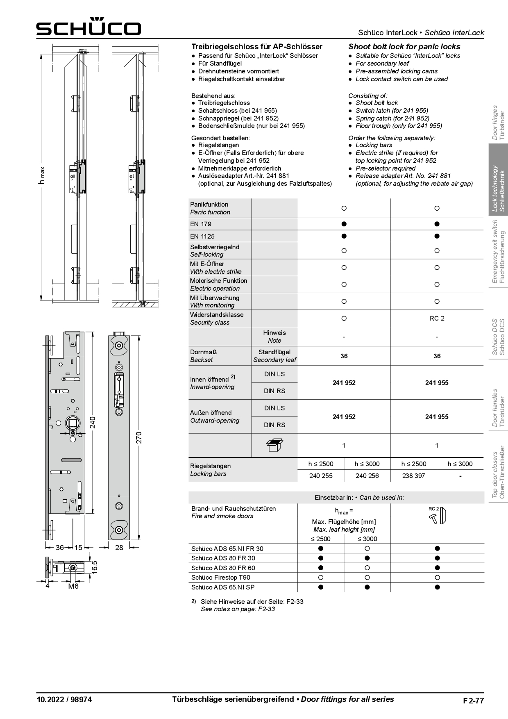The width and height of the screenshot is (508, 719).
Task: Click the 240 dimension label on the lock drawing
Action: [93, 422]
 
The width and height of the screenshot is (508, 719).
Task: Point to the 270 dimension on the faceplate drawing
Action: [138, 438]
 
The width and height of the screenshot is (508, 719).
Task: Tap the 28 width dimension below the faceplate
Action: [119, 547]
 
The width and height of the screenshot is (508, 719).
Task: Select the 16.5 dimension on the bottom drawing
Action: [95, 567]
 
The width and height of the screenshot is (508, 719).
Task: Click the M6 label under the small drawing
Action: [73, 586]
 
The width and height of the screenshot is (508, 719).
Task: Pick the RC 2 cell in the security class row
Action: [437, 319]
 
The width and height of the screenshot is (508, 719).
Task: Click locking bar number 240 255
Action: [321, 476]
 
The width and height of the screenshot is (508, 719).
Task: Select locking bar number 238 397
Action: [413, 476]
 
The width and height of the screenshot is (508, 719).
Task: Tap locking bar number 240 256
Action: [367, 476]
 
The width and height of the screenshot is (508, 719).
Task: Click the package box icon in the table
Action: [274, 445]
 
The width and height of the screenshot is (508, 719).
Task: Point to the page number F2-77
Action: [473, 701]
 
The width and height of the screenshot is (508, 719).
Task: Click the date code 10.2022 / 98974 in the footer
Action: [64, 700]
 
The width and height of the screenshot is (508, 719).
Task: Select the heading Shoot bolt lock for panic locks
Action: [404, 47]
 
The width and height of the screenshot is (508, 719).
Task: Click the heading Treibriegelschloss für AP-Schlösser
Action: [257, 47]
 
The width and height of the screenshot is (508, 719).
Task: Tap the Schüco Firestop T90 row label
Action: [220, 578]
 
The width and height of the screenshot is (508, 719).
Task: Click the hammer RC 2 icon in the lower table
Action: [437, 516]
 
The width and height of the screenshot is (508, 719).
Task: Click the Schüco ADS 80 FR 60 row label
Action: [223, 568]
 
